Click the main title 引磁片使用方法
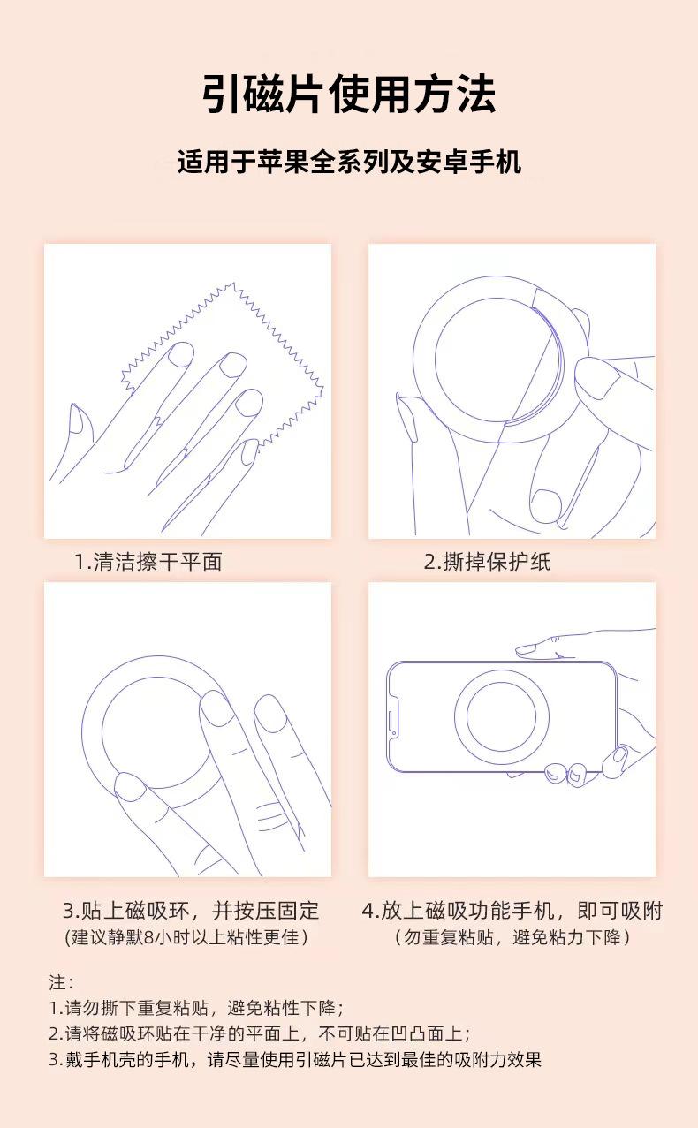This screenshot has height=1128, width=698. (349, 95)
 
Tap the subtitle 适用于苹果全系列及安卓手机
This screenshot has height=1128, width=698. (349, 162)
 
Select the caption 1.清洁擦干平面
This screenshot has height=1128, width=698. (148, 562)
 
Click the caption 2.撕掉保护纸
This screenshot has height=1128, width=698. (488, 562)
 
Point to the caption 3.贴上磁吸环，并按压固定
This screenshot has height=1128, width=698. (191, 911)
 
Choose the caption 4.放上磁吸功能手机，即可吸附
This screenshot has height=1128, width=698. (512, 911)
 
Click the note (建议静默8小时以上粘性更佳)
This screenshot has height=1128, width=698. (186, 937)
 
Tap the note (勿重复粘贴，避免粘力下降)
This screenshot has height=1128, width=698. (512, 937)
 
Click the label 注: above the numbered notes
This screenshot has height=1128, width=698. (61, 982)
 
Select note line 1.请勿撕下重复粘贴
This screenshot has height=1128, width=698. (196, 1008)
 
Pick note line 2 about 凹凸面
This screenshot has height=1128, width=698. (260, 1033)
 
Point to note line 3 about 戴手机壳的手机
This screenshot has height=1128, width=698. (295, 1059)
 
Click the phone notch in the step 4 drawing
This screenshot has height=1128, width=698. (393, 716)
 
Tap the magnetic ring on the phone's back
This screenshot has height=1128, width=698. (459, 716)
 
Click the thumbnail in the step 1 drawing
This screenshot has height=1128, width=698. (77, 419)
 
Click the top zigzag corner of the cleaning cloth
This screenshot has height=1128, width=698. (233, 284)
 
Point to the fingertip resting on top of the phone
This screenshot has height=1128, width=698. (524, 649)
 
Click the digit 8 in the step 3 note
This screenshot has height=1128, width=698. (148, 938)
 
